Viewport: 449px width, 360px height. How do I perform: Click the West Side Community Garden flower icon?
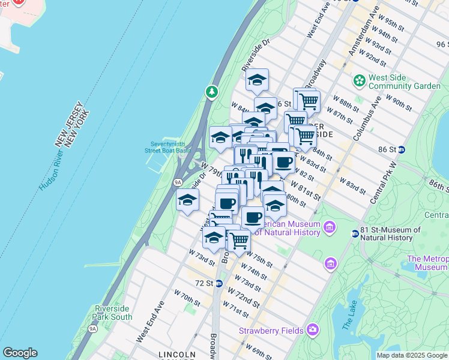click(x=360, y=80)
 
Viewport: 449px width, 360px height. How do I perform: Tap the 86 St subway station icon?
click(x=402, y=149)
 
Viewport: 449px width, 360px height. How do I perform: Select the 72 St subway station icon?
click(x=219, y=283)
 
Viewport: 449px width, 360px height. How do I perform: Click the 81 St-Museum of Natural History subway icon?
click(x=355, y=234)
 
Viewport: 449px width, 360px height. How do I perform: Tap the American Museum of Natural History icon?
click(x=328, y=227)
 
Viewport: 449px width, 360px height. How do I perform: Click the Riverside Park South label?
click(x=113, y=313)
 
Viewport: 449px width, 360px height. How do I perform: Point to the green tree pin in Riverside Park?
click(x=211, y=92)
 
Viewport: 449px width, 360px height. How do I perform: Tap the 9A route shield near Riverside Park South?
click(x=92, y=329)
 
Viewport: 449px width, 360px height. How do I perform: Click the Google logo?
click(x=20, y=353)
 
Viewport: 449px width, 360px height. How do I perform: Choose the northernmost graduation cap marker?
click(x=257, y=80)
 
